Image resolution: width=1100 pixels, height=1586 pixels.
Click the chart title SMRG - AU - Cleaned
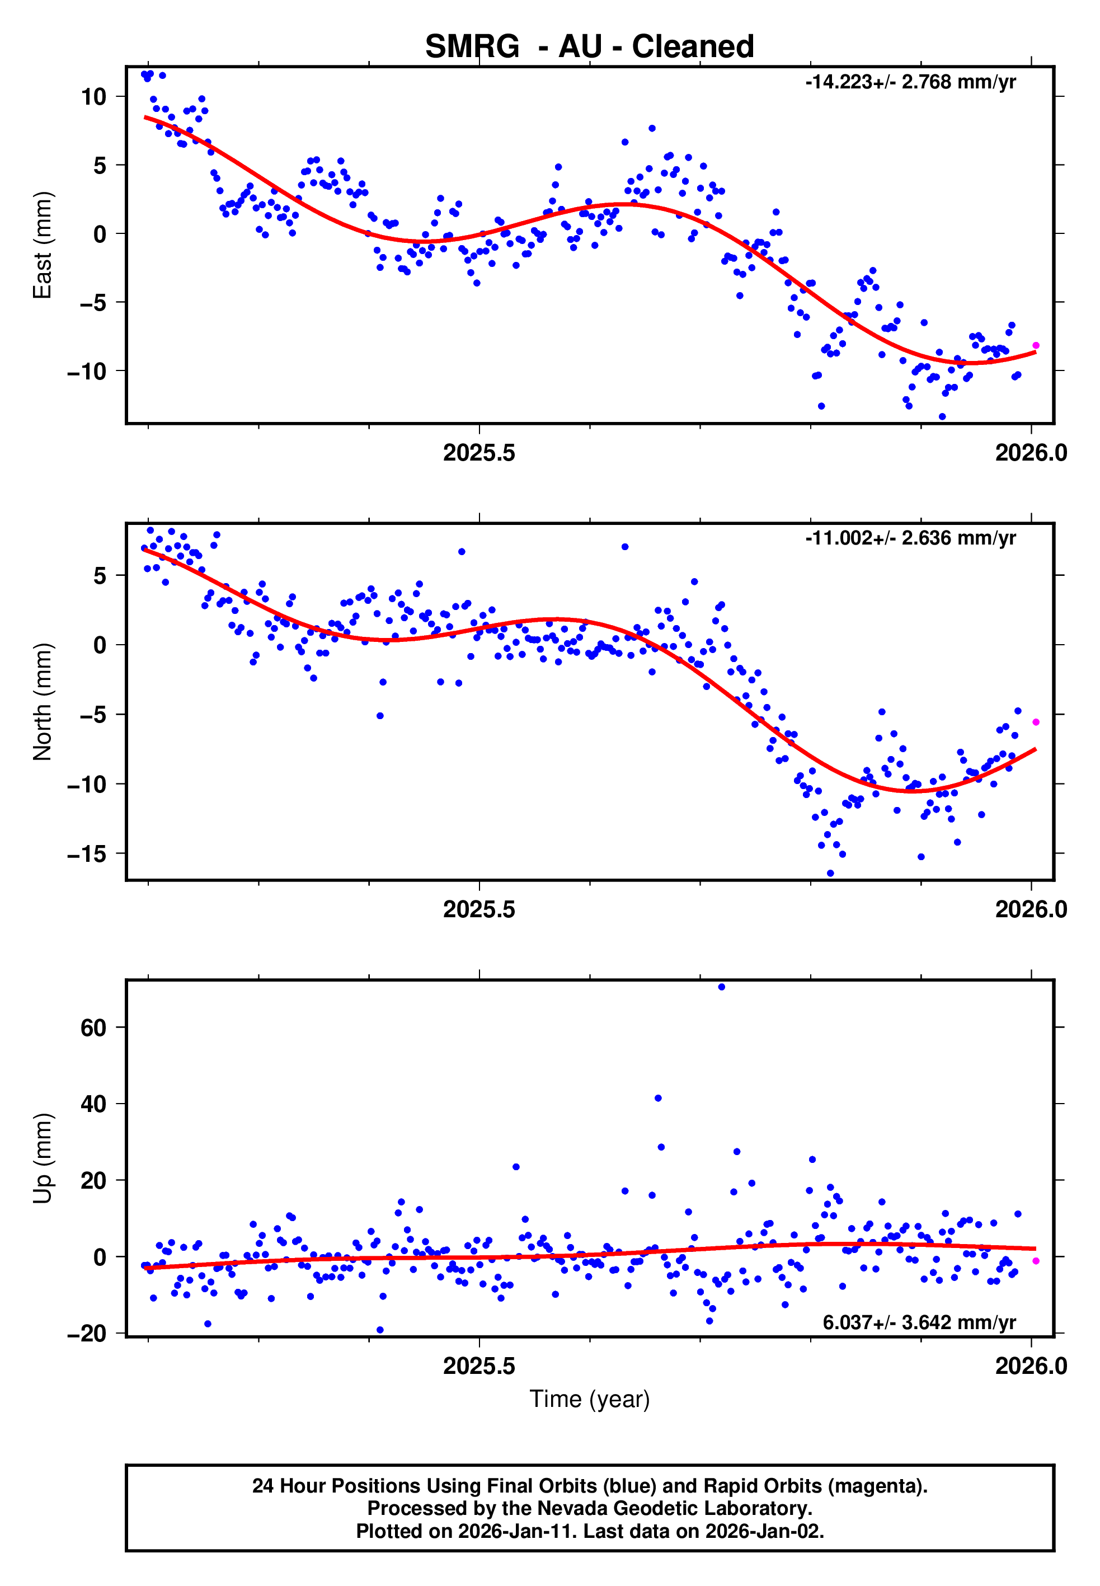click(x=589, y=47)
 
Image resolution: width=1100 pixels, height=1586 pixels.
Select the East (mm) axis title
click(x=43, y=245)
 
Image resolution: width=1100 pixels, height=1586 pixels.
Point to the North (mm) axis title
click(x=43, y=702)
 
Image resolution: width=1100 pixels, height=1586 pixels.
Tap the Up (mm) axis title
click(x=43, y=1158)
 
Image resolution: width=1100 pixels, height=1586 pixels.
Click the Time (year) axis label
click(x=589, y=1399)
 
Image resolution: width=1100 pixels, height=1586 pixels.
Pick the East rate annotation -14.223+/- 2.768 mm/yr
click(x=910, y=82)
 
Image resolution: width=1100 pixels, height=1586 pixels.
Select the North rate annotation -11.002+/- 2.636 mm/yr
click(x=910, y=538)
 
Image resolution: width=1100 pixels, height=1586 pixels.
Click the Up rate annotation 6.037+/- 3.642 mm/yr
click(x=919, y=1322)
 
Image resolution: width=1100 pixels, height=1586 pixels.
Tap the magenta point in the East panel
click(x=1035, y=345)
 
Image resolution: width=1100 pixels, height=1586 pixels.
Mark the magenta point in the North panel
click(x=1035, y=722)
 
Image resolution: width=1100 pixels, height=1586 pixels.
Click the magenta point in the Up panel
click(x=1035, y=1261)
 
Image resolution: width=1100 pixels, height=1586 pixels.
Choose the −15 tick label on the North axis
click(x=87, y=854)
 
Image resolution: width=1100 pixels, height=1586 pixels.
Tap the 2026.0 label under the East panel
click(x=1031, y=453)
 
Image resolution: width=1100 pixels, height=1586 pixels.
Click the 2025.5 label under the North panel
click(x=479, y=909)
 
